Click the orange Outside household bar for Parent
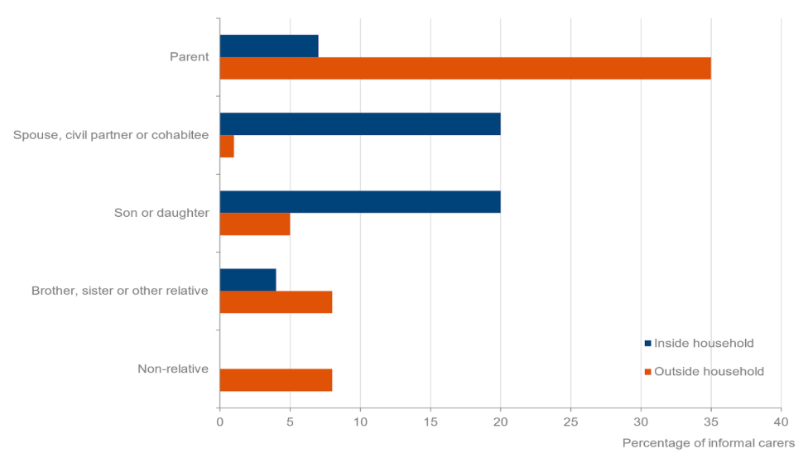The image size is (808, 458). click(x=464, y=68)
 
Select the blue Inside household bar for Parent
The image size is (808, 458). click(x=269, y=46)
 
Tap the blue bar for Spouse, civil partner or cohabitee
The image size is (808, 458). click(x=360, y=123)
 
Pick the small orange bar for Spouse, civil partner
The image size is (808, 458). click(x=227, y=146)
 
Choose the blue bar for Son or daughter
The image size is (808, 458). click(x=360, y=201)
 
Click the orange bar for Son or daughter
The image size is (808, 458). click(x=255, y=224)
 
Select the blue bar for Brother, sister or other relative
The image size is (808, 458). click(x=248, y=279)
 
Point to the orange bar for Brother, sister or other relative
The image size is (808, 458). click(x=276, y=301)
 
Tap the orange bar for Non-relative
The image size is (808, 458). click(x=276, y=379)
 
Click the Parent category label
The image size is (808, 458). click(x=189, y=57)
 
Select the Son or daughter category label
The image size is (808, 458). click(x=161, y=213)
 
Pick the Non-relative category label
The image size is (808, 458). click(x=173, y=369)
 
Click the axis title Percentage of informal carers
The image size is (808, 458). click(x=708, y=443)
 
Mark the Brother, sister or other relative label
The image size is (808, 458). click(x=119, y=291)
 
